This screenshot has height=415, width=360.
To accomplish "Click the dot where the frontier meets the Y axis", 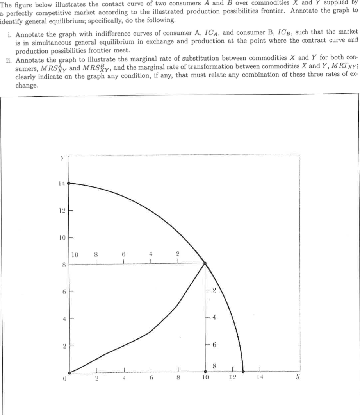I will [x=69, y=183].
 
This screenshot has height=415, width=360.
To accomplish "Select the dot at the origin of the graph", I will [x=69, y=372].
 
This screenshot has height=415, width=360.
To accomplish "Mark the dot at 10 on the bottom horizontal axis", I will [x=205, y=372].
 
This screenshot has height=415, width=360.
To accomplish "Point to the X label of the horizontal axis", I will [x=298, y=379].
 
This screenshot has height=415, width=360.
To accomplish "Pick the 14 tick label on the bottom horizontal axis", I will [x=259, y=379].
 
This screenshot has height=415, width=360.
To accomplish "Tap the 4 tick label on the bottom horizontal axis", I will [x=124, y=379].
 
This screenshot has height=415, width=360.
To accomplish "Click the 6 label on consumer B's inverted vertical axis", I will [x=214, y=345].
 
